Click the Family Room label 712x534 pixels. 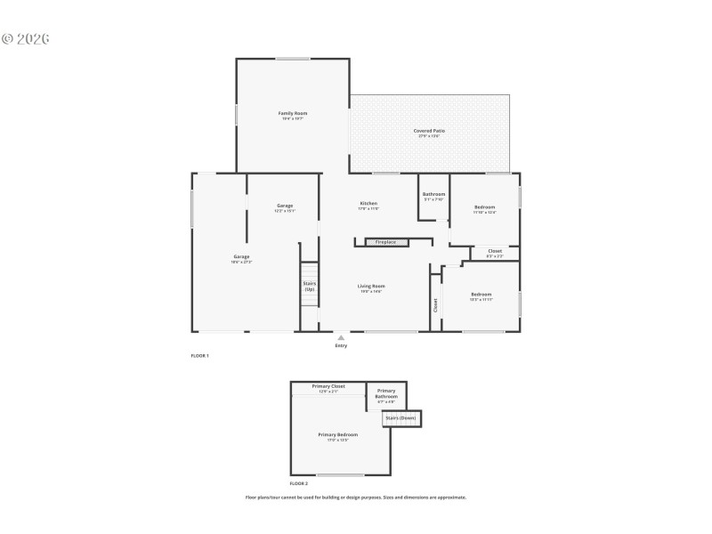(293, 114)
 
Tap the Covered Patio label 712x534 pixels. (429, 131)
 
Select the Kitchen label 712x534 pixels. (368, 204)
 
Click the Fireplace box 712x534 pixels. (386, 242)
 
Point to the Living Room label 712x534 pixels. (371, 286)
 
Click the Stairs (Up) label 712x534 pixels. (309, 287)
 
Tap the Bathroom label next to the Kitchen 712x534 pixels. (433, 195)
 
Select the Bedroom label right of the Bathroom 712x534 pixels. (484, 207)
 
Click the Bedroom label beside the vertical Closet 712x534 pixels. (481, 295)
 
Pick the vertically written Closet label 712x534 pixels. (435, 305)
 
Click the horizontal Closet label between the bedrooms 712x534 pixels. (495, 251)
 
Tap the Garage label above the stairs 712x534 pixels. (284, 206)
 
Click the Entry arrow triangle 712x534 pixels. (341, 337)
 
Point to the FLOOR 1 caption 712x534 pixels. (199, 356)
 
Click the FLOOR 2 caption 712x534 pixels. (299, 483)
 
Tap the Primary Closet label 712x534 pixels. (328, 387)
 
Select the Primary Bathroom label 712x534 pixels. (386, 394)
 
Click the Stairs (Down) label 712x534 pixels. (400, 417)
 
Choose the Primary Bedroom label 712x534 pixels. (338, 434)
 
